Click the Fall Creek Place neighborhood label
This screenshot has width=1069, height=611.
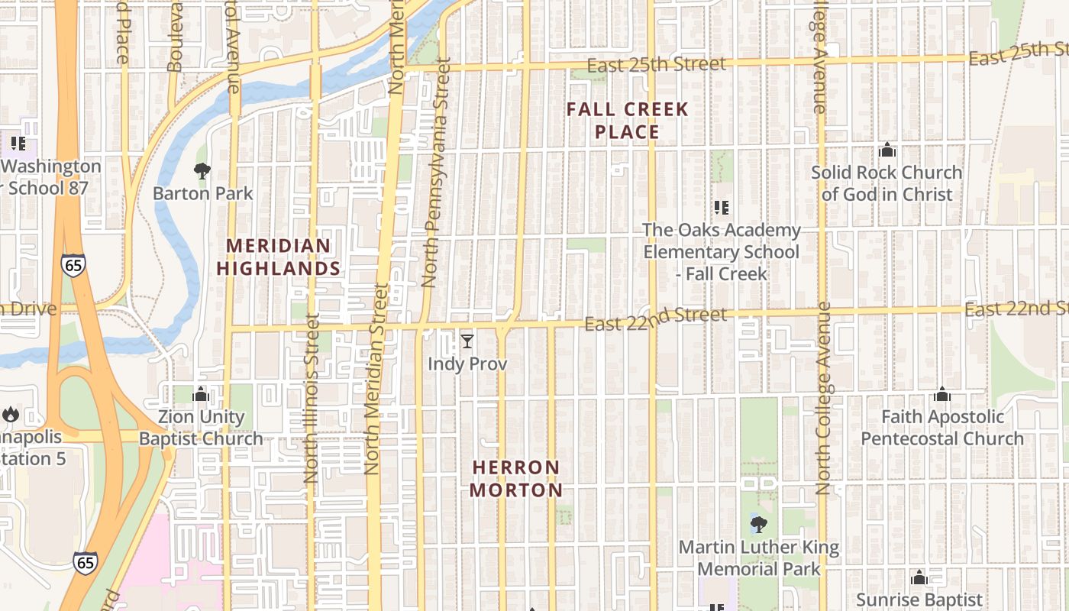[x=628, y=121]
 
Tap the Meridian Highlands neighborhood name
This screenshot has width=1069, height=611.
[x=279, y=257]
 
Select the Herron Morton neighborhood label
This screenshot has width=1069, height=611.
[x=516, y=479]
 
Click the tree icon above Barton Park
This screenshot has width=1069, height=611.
[x=202, y=170]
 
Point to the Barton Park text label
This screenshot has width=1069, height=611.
[x=202, y=193]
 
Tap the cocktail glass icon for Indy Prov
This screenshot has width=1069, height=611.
[x=467, y=341]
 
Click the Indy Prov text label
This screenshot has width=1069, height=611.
[x=467, y=364]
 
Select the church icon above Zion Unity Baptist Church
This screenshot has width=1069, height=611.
[x=202, y=394]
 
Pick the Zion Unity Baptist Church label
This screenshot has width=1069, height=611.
[x=202, y=428]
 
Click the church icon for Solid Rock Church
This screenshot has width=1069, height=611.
[x=887, y=150]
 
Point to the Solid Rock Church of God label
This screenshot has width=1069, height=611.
[x=887, y=183]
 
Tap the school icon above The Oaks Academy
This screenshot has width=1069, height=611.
[x=721, y=207]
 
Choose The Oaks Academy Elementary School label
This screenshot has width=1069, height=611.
[x=722, y=251]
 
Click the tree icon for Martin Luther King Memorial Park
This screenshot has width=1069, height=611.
[x=758, y=525]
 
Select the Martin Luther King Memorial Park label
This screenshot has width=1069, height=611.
[x=759, y=558]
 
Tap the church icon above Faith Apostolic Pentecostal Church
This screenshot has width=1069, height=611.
[x=942, y=394]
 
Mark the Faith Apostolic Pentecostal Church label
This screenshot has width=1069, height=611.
[x=942, y=428]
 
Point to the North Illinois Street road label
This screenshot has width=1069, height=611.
[x=311, y=397]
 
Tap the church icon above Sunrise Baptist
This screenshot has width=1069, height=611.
[x=919, y=577]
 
